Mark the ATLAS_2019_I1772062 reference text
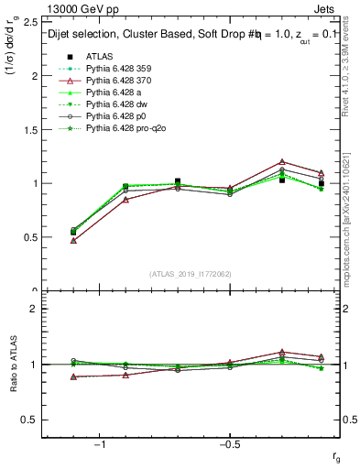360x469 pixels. coord(191,274)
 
